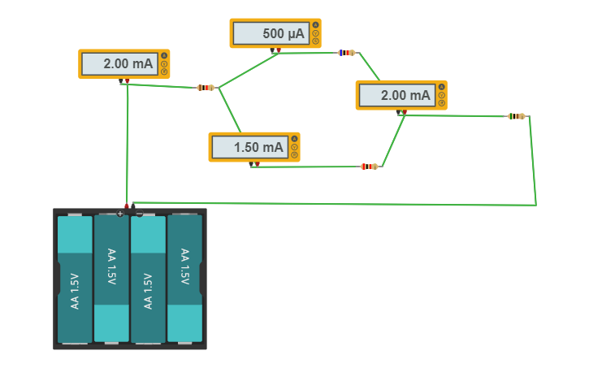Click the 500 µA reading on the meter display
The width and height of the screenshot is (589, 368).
[x=284, y=33]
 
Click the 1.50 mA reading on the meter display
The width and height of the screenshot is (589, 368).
[x=258, y=147]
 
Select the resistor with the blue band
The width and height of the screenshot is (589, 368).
[x=347, y=53]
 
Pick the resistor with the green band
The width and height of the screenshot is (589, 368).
[x=517, y=116]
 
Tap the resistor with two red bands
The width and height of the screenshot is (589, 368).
[x=370, y=167]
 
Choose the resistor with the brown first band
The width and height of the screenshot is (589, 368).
[x=206, y=88]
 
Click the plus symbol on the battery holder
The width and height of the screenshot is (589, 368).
[x=119, y=214]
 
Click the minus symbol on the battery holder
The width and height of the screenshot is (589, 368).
[x=140, y=214]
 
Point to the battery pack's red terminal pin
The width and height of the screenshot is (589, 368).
[x=127, y=206]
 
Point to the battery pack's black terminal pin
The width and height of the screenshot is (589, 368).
[x=133, y=206]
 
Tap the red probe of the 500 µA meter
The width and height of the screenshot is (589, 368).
[x=279, y=50]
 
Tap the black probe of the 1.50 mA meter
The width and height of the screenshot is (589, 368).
[x=251, y=164]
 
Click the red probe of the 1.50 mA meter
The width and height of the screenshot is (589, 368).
[x=258, y=164]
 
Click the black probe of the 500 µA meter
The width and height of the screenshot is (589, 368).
[x=272, y=50]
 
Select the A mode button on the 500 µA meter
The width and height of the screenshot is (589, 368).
[x=315, y=25]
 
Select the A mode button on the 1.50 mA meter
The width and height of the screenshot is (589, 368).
[x=294, y=139]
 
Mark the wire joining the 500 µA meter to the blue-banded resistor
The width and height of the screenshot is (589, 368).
[x=308, y=53]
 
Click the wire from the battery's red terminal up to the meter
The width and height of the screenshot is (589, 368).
[x=128, y=145]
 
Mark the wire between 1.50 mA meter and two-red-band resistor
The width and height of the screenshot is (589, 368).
[x=305, y=167]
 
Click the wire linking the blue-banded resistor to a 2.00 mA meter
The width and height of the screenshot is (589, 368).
[x=369, y=67]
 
